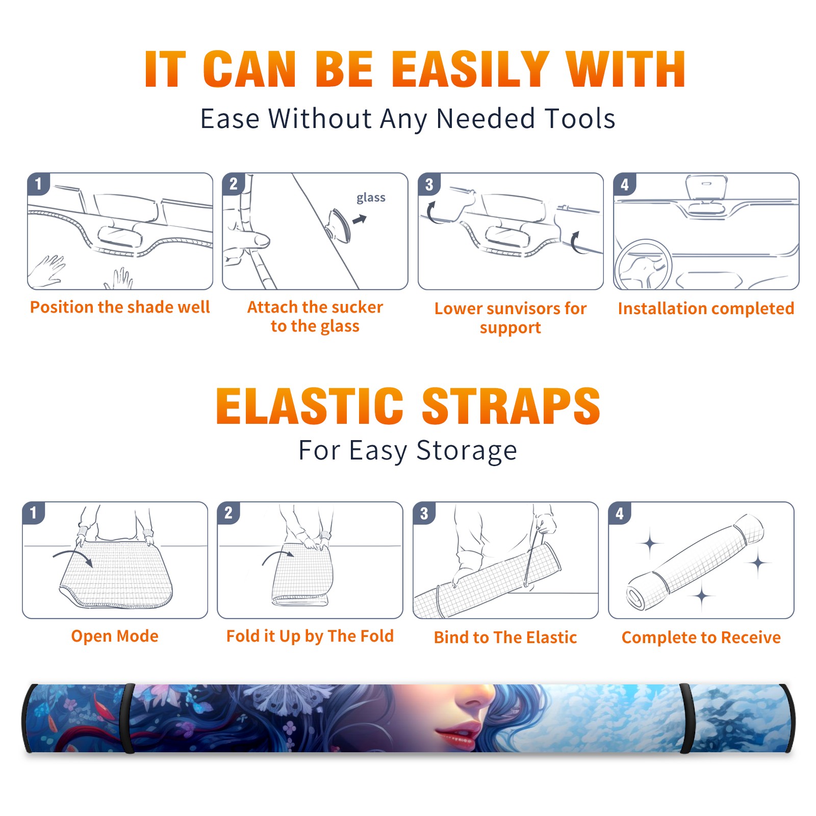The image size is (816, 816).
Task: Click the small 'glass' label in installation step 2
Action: tap(371, 198)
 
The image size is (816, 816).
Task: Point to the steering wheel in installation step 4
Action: tap(643, 265)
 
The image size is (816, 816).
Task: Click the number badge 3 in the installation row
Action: tap(429, 184)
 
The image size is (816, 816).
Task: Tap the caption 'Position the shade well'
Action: tap(120, 307)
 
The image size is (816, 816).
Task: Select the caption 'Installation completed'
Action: tap(706, 309)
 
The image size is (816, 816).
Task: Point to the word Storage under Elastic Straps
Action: tap(467, 451)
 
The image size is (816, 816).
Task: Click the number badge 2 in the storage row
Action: tap(228, 513)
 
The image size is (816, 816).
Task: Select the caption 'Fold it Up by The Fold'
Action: tap(310, 636)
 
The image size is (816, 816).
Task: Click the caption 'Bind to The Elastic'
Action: tap(505, 637)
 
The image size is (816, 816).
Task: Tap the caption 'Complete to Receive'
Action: tap(701, 637)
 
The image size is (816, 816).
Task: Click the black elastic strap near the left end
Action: tap(128, 718)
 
